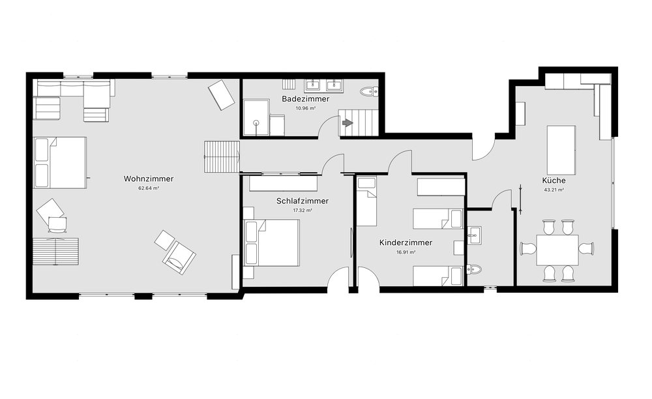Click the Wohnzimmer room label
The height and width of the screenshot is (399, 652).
(149, 179)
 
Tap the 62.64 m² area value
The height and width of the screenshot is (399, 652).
(149, 188)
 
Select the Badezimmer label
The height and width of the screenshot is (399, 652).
(306, 99)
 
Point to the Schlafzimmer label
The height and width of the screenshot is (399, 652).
(303, 201)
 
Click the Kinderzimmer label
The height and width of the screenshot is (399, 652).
(406, 243)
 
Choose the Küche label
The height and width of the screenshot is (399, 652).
(554, 181)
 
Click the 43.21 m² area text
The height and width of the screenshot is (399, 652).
(554, 190)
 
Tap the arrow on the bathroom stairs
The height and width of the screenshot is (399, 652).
(348, 123)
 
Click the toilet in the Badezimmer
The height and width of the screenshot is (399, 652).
(369, 91)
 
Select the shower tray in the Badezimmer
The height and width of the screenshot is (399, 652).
(256, 117)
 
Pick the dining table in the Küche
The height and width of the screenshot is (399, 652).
(557, 250)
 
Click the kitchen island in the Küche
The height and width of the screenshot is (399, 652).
(561, 150)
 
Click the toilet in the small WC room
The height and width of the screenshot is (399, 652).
(474, 269)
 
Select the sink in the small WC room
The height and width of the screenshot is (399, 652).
(474, 235)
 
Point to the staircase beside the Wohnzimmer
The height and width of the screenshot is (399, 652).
(222, 156)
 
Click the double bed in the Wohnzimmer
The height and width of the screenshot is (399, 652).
(60, 163)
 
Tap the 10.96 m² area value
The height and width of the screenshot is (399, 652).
(306, 108)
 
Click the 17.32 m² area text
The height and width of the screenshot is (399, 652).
(303, 211)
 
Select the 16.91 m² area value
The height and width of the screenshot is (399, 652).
(406, 252)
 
